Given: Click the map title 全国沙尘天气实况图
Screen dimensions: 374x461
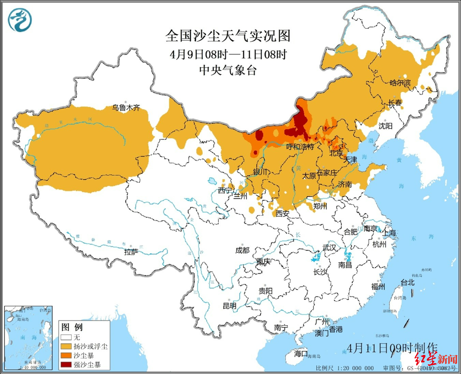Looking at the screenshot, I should (228, 36).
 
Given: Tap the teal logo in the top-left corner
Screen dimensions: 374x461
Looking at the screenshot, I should (20, 20).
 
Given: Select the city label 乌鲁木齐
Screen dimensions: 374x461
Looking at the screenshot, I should (126, 108).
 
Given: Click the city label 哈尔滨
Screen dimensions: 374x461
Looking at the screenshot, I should (400, 83).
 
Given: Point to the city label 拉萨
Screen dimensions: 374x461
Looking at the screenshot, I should (131, 252).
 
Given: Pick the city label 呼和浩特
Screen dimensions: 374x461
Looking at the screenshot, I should (300, 147).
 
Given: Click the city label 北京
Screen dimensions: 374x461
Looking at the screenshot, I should (336, 153).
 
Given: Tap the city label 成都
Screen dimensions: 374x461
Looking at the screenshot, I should (242, 250).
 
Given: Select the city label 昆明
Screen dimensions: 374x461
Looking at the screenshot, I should (229, 305).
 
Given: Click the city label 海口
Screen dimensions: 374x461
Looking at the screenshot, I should (301, 354).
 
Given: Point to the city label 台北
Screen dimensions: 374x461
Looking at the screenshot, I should (408, 283).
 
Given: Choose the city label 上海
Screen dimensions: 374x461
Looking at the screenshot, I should (389, 233).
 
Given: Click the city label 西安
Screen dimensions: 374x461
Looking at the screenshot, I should (282, 214).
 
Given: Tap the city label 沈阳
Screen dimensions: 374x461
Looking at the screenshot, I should (385, 126).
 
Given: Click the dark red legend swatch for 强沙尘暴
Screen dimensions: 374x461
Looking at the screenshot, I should (66, 364).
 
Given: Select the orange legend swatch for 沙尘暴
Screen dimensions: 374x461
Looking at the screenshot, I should (66, 355).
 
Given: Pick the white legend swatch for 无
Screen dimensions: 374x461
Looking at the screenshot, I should (66, 337).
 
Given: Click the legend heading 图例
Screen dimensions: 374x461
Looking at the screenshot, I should (72, 327).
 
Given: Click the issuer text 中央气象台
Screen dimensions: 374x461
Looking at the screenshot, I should (228, 70).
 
